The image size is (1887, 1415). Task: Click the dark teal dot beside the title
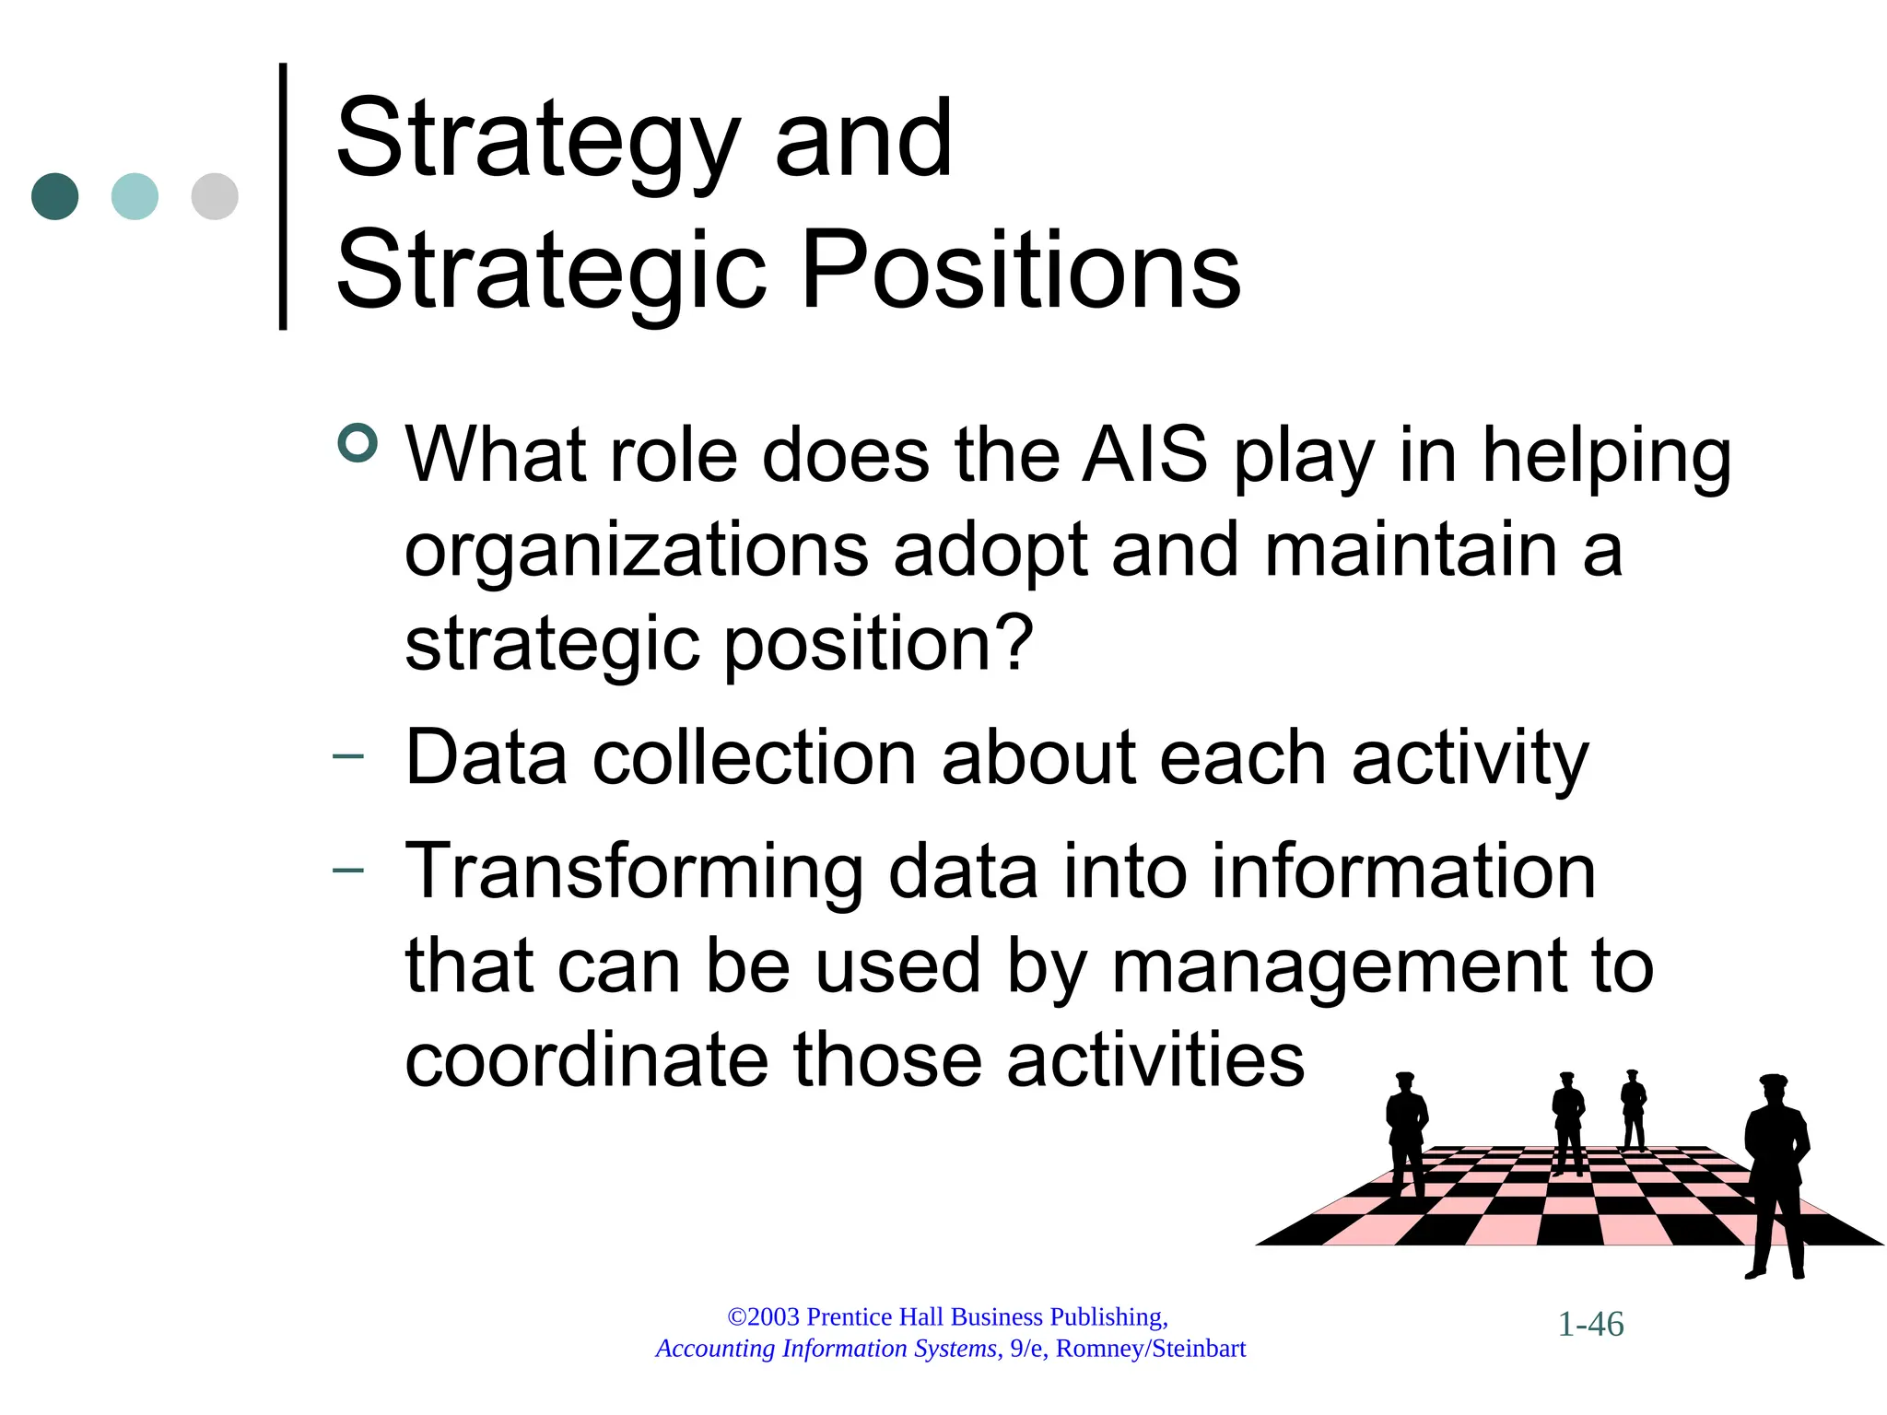[55, 196]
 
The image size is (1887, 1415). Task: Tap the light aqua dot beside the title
[135, 196]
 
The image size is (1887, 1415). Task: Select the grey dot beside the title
[215, 196]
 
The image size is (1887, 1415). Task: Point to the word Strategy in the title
[538, 140]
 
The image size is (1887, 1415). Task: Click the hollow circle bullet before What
[357, 443]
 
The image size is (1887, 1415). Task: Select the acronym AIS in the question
[1144, 455]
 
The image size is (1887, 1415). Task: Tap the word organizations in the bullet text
[636, 551]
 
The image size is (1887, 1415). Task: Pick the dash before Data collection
[348, 757]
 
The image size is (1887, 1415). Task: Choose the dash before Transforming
[348, 870]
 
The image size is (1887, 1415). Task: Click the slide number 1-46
[1590, 1325]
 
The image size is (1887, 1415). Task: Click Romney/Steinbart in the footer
[1151, 1349]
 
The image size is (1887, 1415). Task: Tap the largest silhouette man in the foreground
[1776, 1175]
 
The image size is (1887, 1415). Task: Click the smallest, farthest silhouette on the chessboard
[1634, 1109]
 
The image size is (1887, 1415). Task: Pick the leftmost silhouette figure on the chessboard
[1406, 1133]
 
